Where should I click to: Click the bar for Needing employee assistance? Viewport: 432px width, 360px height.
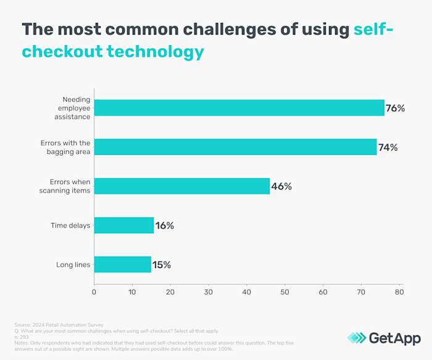(239, 108)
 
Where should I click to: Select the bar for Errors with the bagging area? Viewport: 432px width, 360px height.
(235, 147)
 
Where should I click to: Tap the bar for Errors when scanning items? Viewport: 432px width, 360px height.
(181, 186)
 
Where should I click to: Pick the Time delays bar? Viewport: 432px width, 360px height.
(124, 225)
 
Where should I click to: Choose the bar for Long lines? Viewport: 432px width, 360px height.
(122, 264)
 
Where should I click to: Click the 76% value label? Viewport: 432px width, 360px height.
(395, 108)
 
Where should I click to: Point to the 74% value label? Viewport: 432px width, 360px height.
(388, 147)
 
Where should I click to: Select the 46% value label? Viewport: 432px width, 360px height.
(281, 186)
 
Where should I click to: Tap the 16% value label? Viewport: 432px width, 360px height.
(164, 225)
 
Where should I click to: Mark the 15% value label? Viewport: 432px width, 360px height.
(161, 264)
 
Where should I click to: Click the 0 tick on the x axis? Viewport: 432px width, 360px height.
(94, 291)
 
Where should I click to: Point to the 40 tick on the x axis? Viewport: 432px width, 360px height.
(246, 291)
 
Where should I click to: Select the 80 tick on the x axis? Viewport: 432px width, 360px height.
(399, 291)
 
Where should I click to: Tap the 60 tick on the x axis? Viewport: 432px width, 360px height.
(323, 291)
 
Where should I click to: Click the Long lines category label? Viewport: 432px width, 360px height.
(73, 264)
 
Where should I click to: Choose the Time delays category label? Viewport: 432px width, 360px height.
(71, 225)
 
